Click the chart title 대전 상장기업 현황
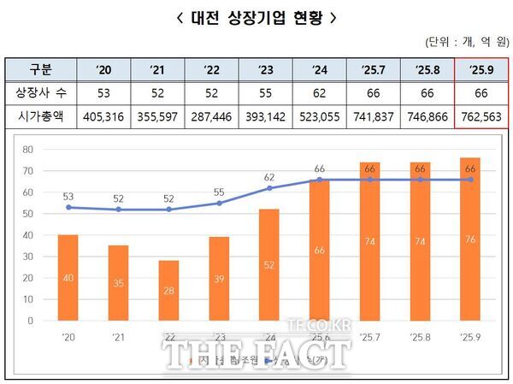[x=256, y=16]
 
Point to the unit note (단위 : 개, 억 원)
[x=465, y=42]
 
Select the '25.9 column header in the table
[x=481, y=69]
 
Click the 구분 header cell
[x=39, y=69]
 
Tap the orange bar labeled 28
[x=168, y=291]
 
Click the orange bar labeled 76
[x=470, y=239]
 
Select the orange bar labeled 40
[x=68, y=278]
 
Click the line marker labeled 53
[x=68, y=207]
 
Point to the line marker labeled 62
[x=269, y=188]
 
